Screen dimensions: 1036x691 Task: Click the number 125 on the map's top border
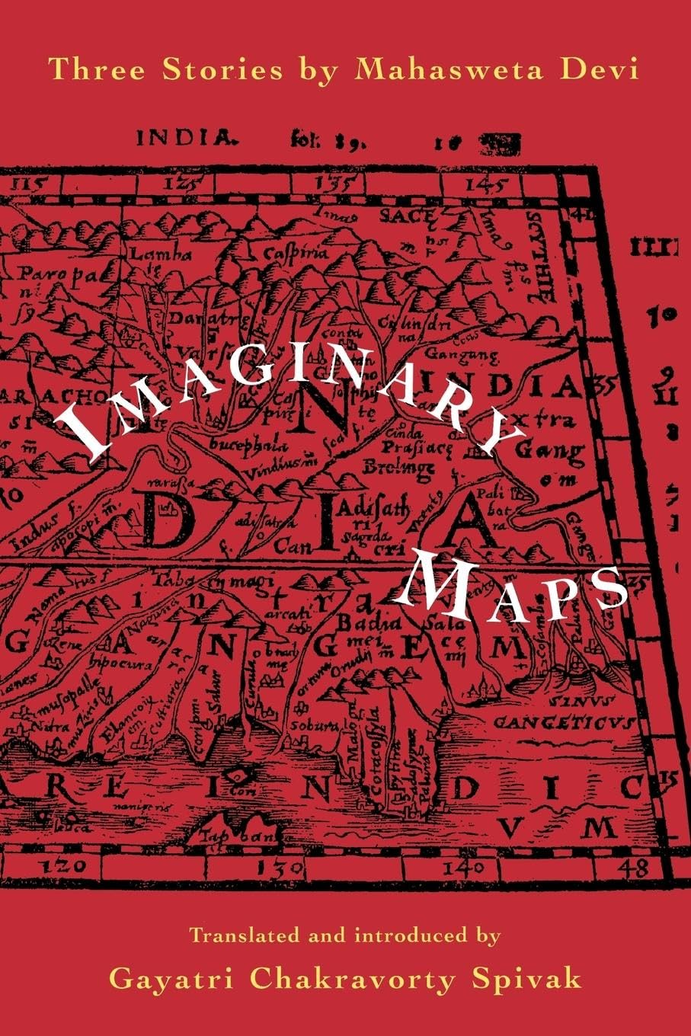pos(186,184)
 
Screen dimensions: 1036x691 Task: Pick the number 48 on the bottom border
pos(632,866)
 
